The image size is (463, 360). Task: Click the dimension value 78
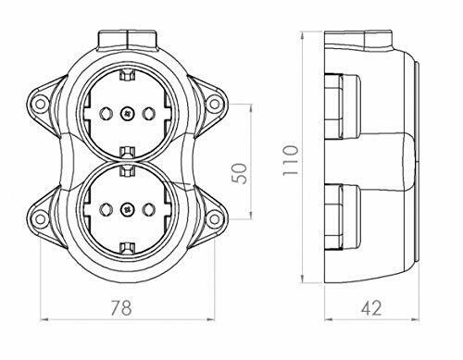(x=121, y=307)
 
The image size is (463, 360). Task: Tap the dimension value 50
(x=240, y=173)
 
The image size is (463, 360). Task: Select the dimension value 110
(x=291, y=160)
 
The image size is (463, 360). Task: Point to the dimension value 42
(x=371, y=307)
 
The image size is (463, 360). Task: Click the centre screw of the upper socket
(x=127, y=114)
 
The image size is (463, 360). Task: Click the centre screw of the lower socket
(x=127, y=209)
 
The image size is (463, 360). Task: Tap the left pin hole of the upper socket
(x=105, y=114)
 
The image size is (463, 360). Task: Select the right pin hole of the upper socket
(x=148, y=114)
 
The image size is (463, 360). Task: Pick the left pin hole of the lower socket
(x=105, y=209)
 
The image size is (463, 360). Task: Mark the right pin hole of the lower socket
(x=148, y=209)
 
